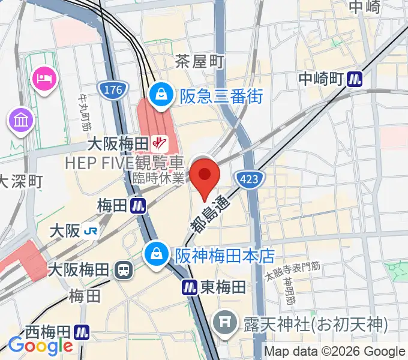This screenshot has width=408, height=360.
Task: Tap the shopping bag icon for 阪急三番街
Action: coord(161,94)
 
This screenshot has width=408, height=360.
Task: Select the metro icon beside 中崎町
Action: coord(357,79)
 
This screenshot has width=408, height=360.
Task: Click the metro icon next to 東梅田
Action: coord(191,287)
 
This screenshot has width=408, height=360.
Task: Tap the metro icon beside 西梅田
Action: coord(82,331)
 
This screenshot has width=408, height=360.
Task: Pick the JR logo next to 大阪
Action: coord(92,230)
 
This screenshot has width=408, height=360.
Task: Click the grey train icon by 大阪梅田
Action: coord(122,269)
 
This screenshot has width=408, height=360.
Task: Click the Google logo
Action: coord(40,346)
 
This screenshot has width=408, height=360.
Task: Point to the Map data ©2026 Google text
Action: coord(335,352)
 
